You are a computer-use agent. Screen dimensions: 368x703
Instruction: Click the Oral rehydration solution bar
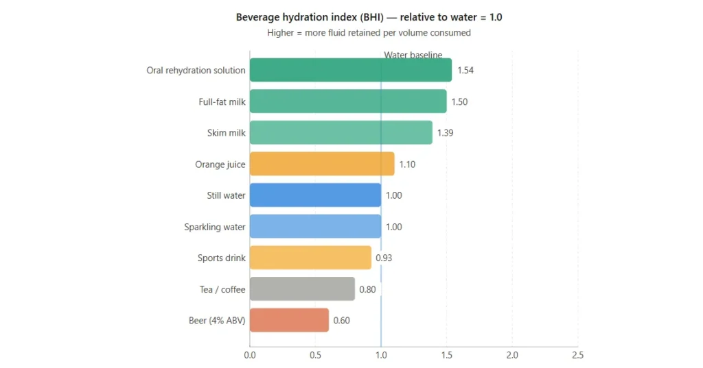click(350, 70)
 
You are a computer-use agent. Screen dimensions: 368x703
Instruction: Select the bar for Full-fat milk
click(348, 101)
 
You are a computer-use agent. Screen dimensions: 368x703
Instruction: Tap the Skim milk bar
click(341, 133)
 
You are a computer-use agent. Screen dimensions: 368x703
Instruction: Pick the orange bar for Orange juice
click(322, 164)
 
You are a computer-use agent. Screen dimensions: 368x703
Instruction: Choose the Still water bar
click(315, 195)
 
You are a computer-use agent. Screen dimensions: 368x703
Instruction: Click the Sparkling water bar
click(315, 227)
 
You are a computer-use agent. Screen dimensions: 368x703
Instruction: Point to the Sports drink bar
click(310, 258)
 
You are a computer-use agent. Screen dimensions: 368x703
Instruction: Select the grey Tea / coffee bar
click(302, 289)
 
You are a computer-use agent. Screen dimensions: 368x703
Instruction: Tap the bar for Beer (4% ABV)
click(289, 320)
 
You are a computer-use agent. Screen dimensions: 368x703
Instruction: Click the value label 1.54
click(465, 71)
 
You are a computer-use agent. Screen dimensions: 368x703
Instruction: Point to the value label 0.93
click(384, 258)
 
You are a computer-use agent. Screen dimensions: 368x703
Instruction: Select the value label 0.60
click(341, 321)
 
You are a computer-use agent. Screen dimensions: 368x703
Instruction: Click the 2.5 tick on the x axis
click(577, 355)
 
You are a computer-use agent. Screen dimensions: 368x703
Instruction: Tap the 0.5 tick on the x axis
click(315, 355)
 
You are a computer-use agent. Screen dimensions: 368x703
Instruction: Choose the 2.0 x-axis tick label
click(512, 355)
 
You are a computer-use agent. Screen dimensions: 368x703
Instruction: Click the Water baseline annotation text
click(413, 55)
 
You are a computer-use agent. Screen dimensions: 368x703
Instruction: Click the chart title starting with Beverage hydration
click(369, 17)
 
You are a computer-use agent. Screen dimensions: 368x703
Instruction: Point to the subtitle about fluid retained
click(369, 32)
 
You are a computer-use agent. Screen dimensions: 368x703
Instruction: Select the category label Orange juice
click(220, 164)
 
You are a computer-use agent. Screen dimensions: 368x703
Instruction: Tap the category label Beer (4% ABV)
click(217, 321)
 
